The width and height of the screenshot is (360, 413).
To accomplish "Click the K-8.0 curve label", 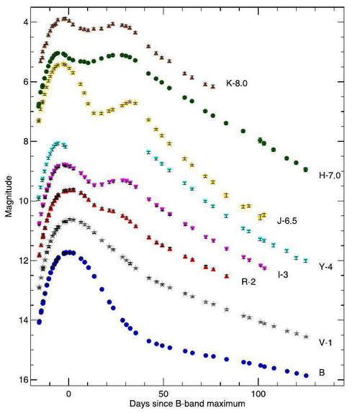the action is tap(237, 83).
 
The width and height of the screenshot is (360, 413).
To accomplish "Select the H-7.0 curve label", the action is tap(330, 176).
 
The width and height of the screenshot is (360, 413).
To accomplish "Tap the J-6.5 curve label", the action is tap(287, 221).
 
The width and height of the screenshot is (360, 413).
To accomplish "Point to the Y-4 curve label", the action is tap(325, 267).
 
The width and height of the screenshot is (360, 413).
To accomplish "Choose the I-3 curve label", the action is tap(283, 275).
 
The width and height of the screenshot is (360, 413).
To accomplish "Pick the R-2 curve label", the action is tap(248, 282).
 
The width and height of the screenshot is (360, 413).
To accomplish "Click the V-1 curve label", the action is tap(325, 342).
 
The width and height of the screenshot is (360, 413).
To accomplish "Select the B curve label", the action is tap(322, 373).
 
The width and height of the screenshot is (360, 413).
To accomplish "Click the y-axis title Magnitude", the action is tap(9, 196).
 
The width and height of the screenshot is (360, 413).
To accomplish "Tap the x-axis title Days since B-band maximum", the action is tap(187, 404).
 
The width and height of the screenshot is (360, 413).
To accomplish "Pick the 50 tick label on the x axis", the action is tap(163, 394).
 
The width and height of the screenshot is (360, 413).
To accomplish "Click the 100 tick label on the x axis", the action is tap(258, 394).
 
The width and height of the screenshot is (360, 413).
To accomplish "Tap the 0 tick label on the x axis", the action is tap(68, 394).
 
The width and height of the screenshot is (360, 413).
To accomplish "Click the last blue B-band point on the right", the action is tap(306, 376).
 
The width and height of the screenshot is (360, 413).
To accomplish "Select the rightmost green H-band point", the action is tap(306, 169).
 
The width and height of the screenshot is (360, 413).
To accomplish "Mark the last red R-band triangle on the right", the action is tap(227, 276).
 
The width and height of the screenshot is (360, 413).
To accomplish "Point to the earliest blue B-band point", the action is tap(40, 322).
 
